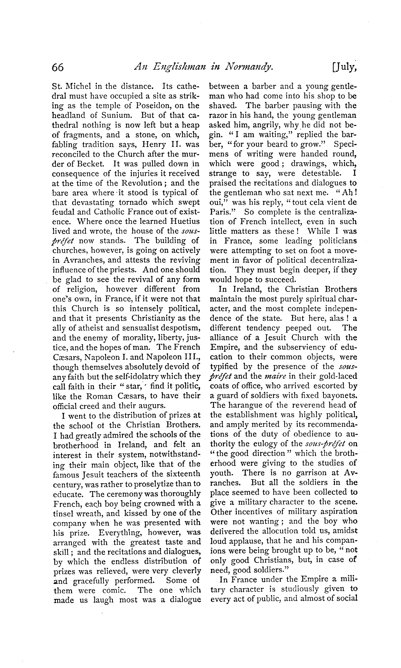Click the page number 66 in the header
[x=58, y=67]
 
